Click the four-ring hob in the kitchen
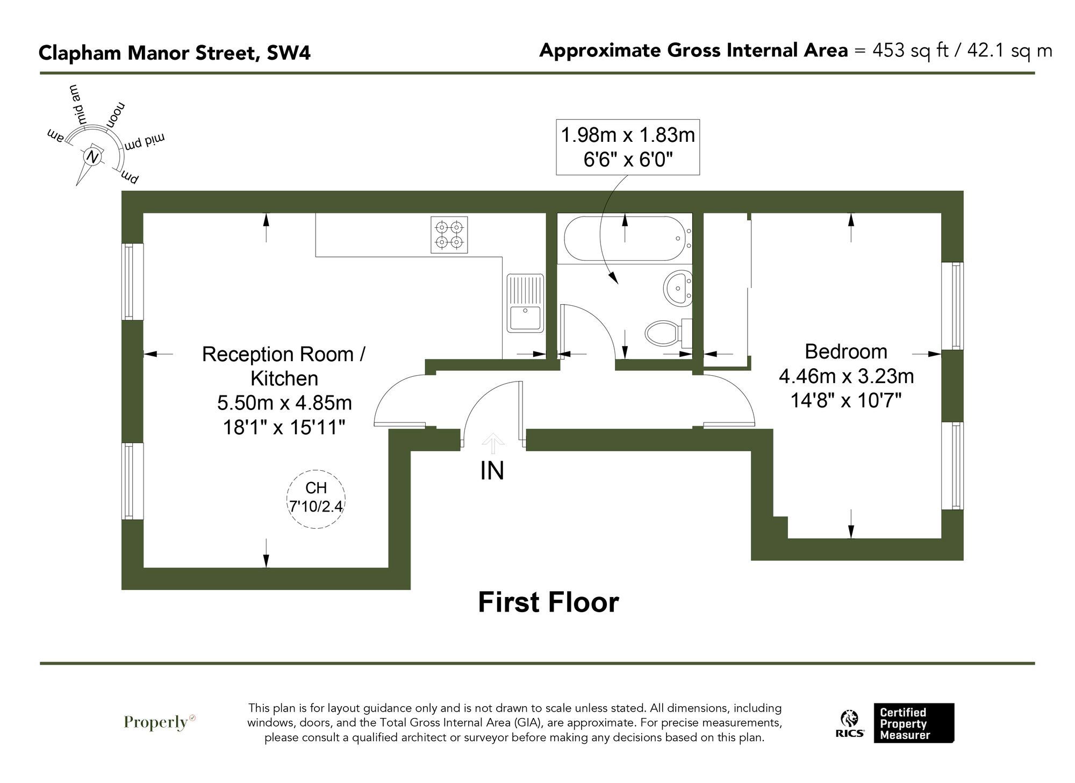(449, 235)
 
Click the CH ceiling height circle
(316, 498)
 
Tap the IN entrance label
(492, 471)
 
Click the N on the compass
(93, 157)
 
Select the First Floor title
(548, 602)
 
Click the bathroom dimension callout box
(628, 147)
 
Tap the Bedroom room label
(845, 351)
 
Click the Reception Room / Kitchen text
(284, 366)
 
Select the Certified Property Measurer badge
(913, 723)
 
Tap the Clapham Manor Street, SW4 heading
(174, 53)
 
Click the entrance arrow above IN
(493, 443)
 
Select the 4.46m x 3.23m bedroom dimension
(846, 376)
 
